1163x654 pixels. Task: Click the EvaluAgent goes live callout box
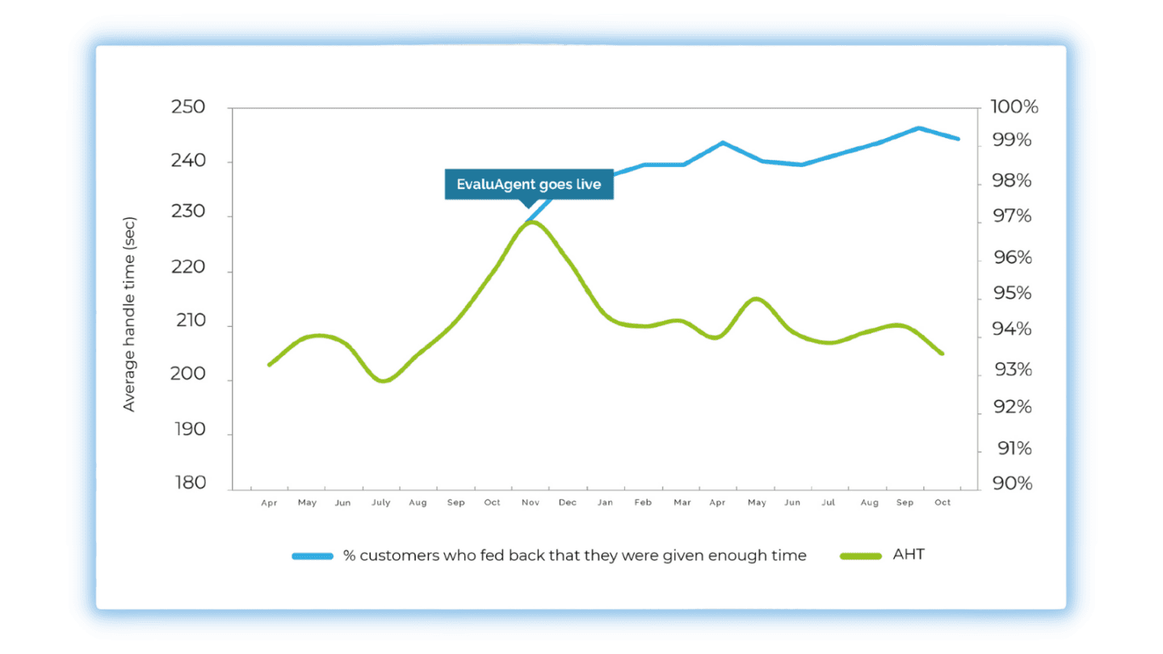point(529,184)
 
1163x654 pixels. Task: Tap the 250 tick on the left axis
point(188,107)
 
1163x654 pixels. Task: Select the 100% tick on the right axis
point(1014,107)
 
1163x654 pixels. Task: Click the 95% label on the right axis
point(1012,293)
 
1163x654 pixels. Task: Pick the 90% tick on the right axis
point(1012,483)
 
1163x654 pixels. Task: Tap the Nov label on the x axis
point(530,502)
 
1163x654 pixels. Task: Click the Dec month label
point(568,502)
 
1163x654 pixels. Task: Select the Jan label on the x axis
point(605,502)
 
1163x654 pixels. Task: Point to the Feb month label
point(643,502)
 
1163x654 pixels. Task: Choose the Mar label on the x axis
point(682,502)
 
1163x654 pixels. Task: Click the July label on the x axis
point(380,502)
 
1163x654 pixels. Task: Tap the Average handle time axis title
point(129,314)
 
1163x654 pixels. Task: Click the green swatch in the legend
point(861,555)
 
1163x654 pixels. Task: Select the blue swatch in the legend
point(313,555)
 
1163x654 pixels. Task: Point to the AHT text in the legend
point(909,555)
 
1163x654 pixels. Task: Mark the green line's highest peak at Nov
point(530,221)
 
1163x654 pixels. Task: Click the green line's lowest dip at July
point(384,380)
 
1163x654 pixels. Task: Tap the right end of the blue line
point(959,139)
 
